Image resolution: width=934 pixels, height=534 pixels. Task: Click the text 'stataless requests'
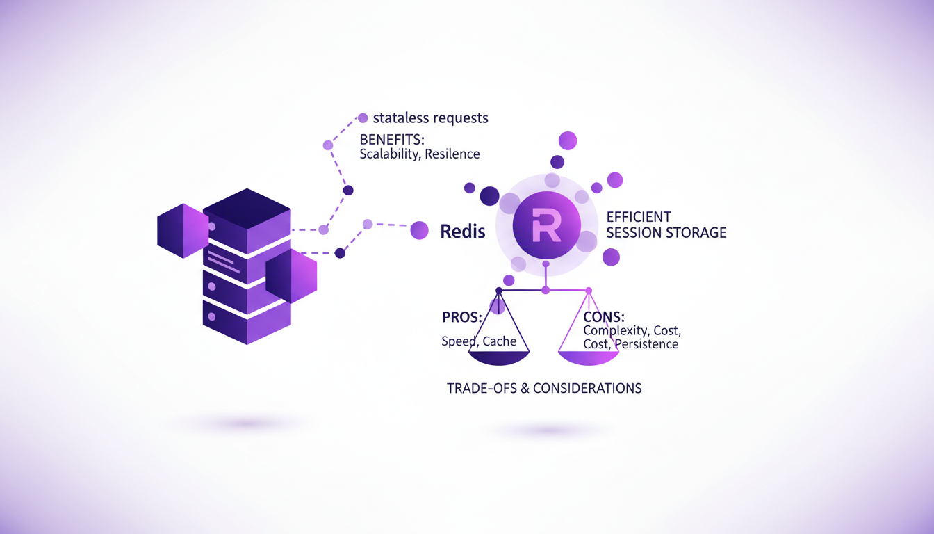[430, 118]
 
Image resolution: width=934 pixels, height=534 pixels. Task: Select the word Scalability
[388, 154]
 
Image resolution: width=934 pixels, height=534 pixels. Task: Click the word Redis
[463, 231]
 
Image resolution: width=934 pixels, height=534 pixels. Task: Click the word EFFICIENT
[639, 216]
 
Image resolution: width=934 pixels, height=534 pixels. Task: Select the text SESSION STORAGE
[666, 232]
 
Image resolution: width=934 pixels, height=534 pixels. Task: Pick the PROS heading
[462, 318]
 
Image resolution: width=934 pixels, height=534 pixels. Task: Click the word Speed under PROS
[459, 341]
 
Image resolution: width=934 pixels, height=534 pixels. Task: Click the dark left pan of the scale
[499, 358]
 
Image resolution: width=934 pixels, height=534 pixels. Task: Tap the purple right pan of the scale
[589, 358]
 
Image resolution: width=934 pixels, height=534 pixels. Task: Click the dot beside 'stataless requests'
[362, 118]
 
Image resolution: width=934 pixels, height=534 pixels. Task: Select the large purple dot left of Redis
[419, 230]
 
